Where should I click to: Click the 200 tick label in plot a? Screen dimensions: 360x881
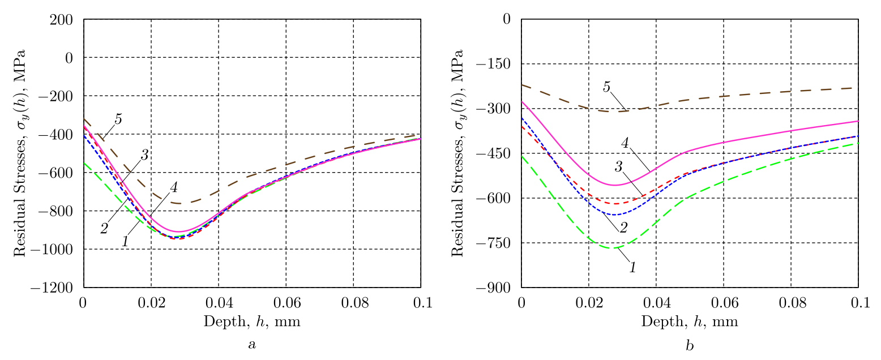point(65,19)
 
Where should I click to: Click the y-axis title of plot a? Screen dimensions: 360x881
point(20,153)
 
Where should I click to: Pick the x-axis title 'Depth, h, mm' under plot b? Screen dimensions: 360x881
point(690,322)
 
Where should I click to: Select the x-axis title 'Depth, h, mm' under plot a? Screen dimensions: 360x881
point(252,322)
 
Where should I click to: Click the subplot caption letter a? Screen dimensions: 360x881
point(252,345)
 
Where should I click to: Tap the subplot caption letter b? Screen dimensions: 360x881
point(690,345)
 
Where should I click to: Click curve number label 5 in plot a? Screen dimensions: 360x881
point(118,119)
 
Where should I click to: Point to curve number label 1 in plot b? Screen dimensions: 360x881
point(632,267)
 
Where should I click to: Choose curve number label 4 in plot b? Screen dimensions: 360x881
point(626,143)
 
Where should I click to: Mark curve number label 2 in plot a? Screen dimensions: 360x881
point(104,229)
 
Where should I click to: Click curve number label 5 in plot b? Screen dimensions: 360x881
point(606,87)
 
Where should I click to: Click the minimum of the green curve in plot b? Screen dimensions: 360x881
point(613,248)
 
